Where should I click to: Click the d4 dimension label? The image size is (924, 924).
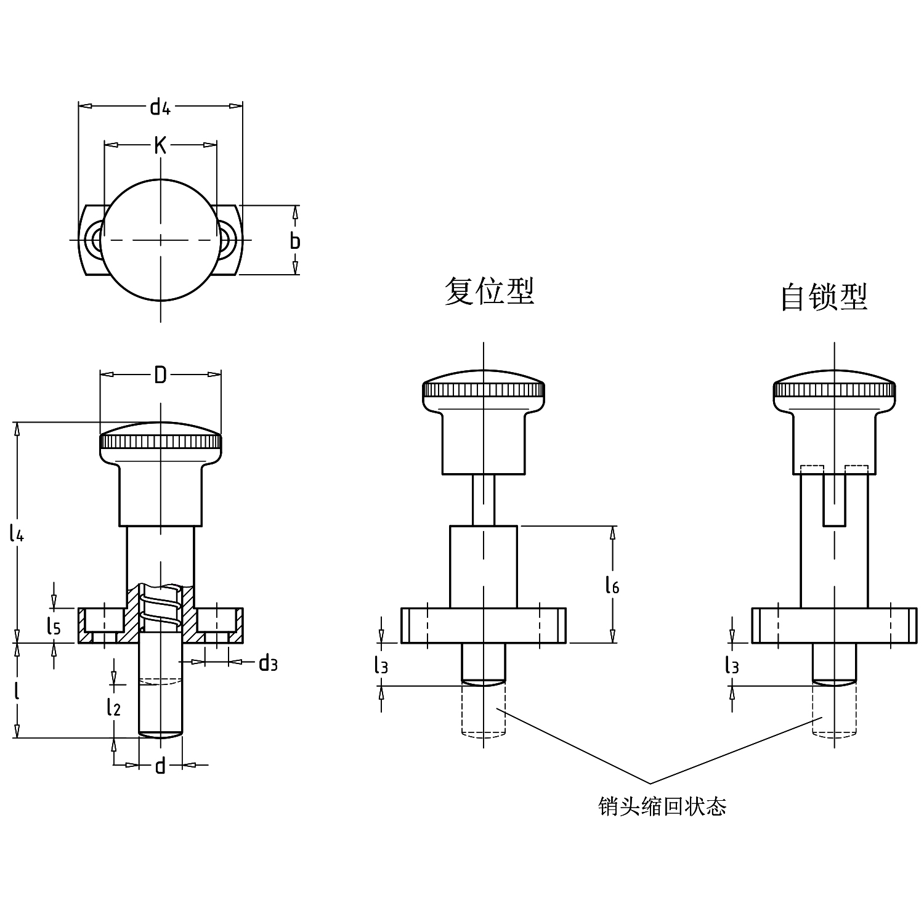click(160, 107)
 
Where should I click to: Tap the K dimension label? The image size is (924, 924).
click(160, 146)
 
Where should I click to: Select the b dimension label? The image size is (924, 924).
click(295, 241)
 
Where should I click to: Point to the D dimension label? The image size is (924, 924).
click(160, 375)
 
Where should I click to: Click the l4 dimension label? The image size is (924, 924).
click(17, 532)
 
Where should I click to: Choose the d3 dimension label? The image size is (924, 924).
click(268, 663)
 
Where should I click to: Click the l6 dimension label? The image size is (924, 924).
click(612, 585)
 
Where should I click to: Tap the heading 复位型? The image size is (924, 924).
click(489, 291)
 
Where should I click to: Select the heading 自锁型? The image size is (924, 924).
click(824, 297)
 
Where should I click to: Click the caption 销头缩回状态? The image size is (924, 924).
click(662, 806)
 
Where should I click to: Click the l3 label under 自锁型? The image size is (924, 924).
click(732, 665)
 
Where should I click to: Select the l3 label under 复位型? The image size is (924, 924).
click(381, 665)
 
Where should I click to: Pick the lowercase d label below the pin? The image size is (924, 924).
click(160, 766)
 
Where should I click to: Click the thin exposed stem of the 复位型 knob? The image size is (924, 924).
click(484, 500)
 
